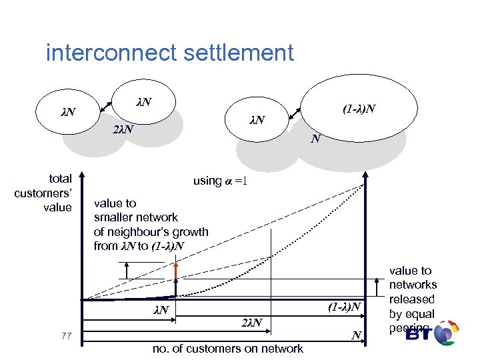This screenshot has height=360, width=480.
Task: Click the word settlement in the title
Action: (x=240, y=52)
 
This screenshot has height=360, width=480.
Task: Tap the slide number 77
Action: (x=65, y=335)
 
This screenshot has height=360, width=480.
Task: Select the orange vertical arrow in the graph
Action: (x=175, y=271)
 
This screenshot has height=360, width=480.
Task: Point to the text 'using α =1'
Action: (x=220, y=181)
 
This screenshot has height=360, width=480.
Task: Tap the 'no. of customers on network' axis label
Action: (x=228, y=348)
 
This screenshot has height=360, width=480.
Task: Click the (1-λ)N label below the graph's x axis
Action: (x=345, y=306)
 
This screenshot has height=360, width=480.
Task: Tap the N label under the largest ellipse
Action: (x=316, y=139)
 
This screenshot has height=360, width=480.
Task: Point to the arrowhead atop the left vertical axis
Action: (x=81, y=177)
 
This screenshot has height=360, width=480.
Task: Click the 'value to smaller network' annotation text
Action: (x=151, y=225)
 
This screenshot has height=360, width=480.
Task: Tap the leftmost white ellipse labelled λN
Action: (x=68, y=110)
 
